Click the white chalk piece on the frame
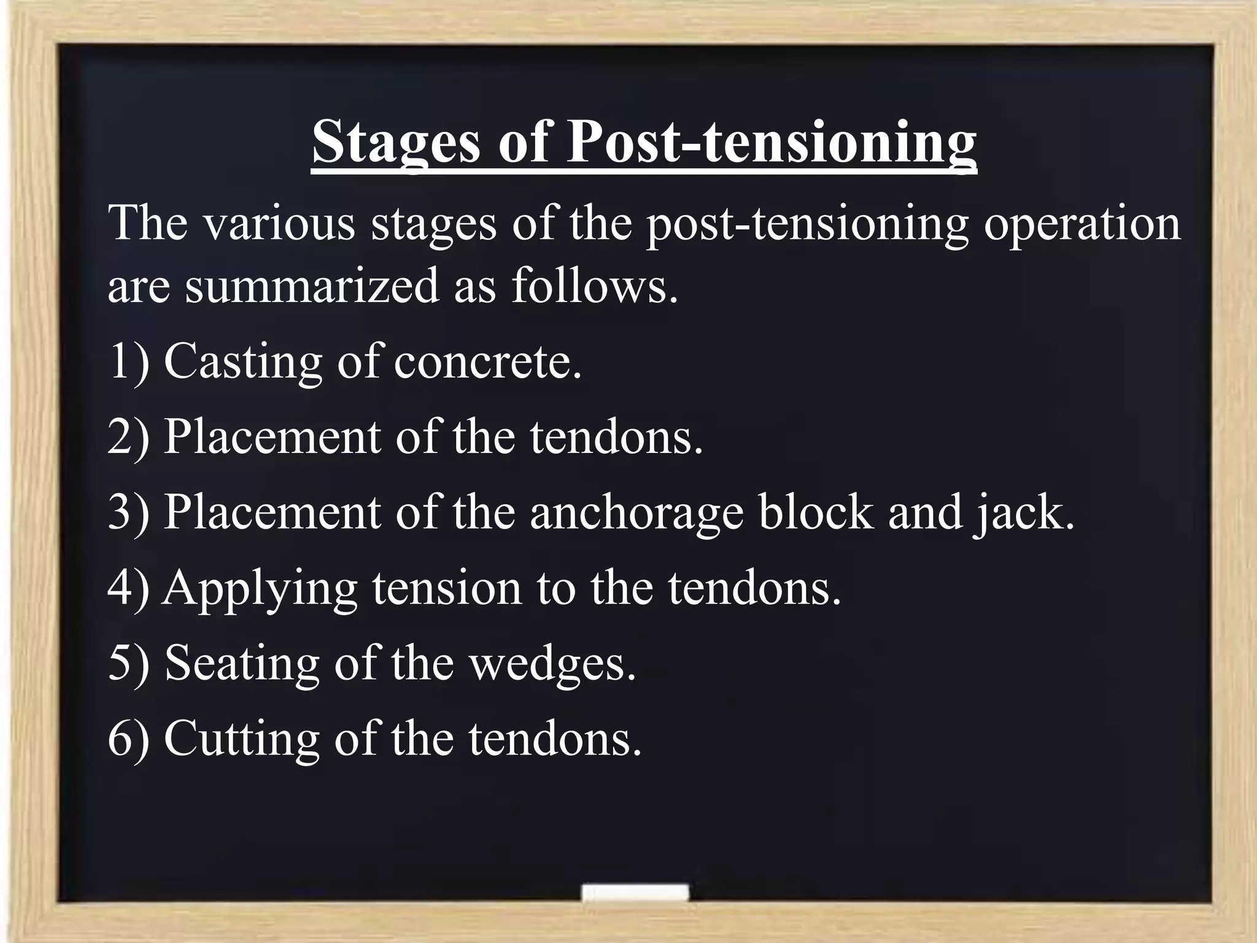tap(635, 892)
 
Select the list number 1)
tap(128, 362)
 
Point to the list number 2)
tap(128, 437)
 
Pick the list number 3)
tap(128, 513)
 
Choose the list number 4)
tap(128, 588)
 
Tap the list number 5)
tap(128, 663)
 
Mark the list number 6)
tap(128, 739)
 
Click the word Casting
tap(242, 362)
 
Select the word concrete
tap(487, 363)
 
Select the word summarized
tap(312, 287)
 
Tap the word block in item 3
tap(816, 513)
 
